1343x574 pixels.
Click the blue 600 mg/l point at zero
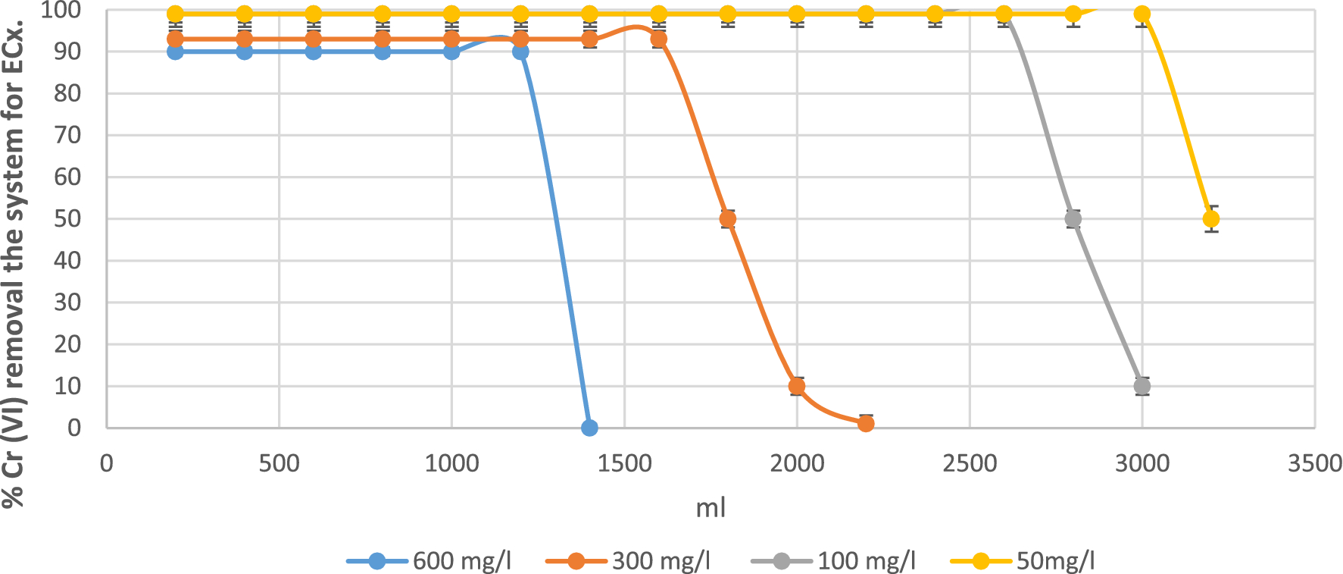pyautogui.click(x=589, y=428)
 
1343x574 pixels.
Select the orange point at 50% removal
pyautogui.click(x=727, y=219)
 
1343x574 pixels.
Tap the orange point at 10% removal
pyautogui.click(x=796, y=386)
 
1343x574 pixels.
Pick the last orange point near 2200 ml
pyautogui.click(x=866, y=423)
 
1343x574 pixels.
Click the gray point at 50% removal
pyautogui.click(x=1073, y=219)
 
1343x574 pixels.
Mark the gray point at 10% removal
pyautogui.click(x=1142, y=386)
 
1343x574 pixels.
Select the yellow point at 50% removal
pyautogui.click(x=1210, y=219)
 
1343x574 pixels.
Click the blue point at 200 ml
pyautogui.click(x=175, y=52)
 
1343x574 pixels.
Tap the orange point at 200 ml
pyautogui.click(x=175, y=39)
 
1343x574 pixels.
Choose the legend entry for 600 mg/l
pyautogui.click(x=429, y=561)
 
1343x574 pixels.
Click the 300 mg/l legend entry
pyautogui.click(x=628, y=561)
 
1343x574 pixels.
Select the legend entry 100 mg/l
pyautogui.click(x=833, y=561)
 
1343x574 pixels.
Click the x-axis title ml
pyautogui.click(x=711, y=508)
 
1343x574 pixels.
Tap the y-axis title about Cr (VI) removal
pyautogui.click(x=14, y=262)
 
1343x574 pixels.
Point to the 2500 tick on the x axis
pyautogui.click(x=970, y=463)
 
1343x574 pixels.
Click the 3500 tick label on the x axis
pyautogui.click(x=1314, y=463)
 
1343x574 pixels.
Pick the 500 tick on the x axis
pyautogui.click(x=279, y=463)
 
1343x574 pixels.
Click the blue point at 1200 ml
pyautogui.click(x=520, y=52)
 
